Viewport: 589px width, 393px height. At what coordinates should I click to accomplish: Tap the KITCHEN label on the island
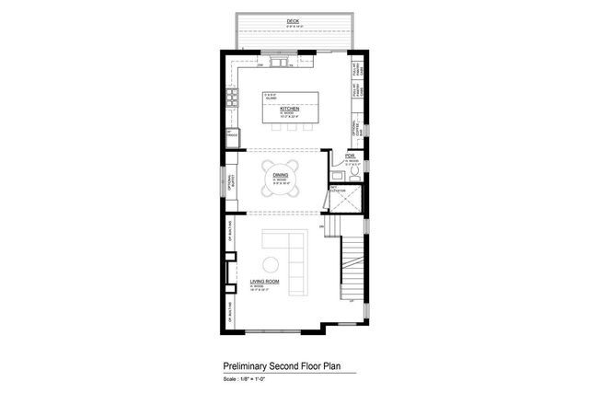point(292,108)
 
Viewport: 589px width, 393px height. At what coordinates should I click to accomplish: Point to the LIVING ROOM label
point(264,283)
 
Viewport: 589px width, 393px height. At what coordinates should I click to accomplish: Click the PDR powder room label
point(350,156)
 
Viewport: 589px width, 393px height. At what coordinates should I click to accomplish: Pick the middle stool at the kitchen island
point(292,128)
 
